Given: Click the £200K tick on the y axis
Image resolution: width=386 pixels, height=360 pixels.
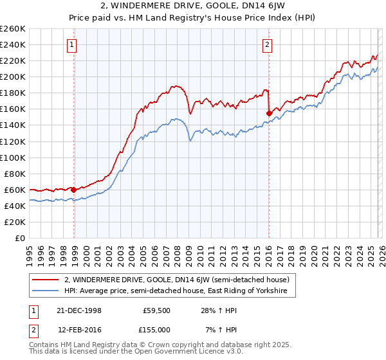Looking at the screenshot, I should click(13, 76).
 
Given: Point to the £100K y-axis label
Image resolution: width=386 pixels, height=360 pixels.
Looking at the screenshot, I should click(13, 157).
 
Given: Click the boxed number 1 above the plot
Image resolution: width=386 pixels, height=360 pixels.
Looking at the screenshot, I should click(71, 44).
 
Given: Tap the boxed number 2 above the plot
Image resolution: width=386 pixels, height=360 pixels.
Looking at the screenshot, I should click(267, 44).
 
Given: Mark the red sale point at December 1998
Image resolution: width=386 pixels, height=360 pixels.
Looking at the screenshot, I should click(74, 190).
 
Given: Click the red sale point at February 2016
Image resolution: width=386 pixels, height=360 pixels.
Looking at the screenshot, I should click(269, 113).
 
